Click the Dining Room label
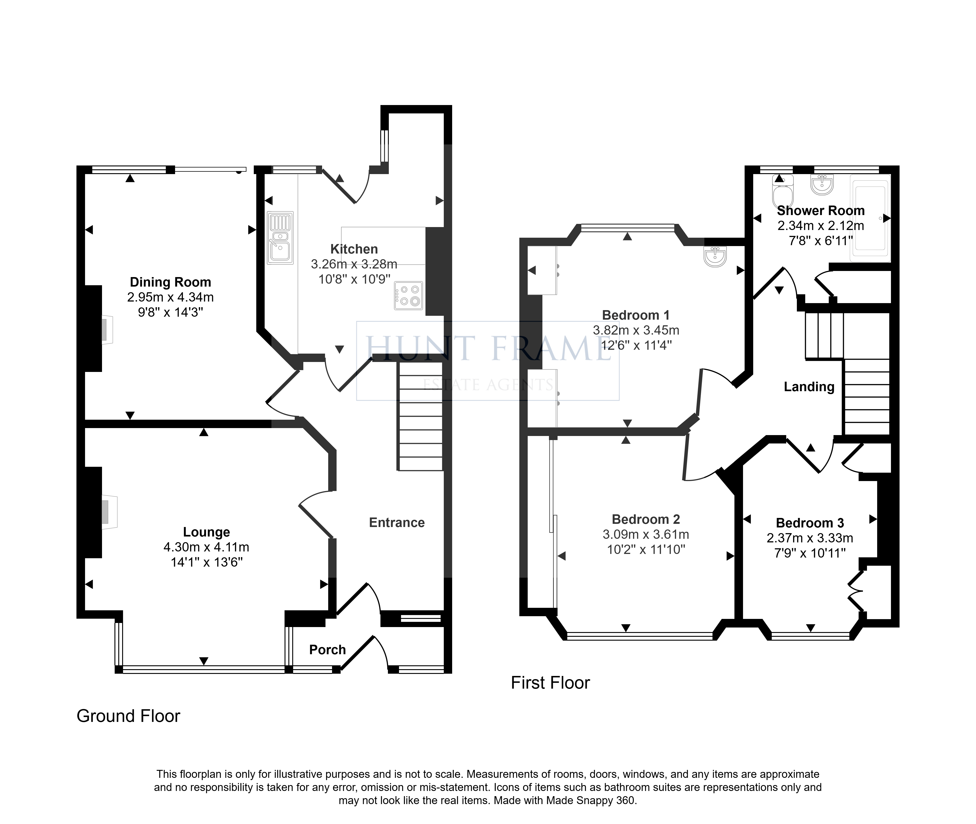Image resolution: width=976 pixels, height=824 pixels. point(170,282)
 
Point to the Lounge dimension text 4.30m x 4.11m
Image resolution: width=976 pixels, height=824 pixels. point(206,547)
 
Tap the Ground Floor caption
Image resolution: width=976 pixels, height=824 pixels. point(128,716)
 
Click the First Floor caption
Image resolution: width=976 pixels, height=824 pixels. point(550,683)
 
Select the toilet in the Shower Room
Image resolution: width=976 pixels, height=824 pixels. point(783,191)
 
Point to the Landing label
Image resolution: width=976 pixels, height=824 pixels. point(809,387)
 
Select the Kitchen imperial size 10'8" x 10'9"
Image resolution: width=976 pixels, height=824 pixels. point(354,279)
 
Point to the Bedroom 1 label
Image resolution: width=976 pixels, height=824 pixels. point(636,315)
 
